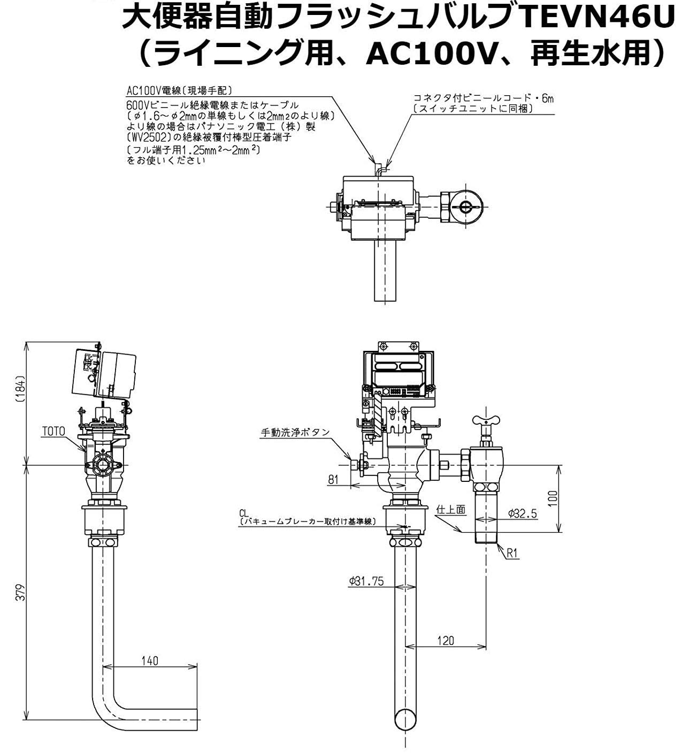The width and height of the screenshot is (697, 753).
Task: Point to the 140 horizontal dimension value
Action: click(x=150, y=660)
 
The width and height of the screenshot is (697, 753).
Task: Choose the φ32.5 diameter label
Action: click(x=522, y=513)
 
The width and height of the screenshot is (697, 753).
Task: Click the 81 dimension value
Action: click(x=334, y=479)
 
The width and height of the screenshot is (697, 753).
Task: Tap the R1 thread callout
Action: click(x=512, y=554)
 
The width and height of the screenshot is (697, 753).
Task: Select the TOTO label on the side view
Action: click(x=54, y=430)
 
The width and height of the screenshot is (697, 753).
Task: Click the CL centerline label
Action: click(x=245, y=512)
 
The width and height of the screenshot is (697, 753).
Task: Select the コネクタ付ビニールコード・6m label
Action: click(x=484, y=98)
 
